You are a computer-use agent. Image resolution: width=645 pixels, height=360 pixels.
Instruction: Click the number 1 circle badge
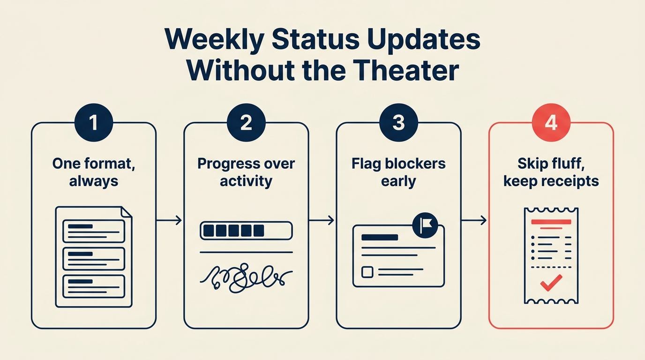point(94,123)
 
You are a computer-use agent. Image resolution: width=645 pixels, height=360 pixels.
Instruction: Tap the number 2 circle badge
point(246,123)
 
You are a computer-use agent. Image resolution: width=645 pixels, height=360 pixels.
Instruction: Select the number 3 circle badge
point(398,123)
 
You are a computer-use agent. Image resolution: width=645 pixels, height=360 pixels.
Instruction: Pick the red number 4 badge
point(551,123)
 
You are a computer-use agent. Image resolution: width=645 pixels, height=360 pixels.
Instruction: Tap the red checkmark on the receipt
point(551,283)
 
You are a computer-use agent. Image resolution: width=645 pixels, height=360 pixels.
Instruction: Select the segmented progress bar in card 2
point(246,231)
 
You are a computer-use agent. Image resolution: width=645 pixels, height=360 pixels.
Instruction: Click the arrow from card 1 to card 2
point(169,220)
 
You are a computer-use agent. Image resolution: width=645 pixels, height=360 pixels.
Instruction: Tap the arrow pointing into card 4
point(474,220)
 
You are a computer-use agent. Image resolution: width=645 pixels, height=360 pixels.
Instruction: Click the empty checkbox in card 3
point(367,271)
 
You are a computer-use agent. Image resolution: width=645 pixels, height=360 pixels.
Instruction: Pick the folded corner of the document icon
point(127,213)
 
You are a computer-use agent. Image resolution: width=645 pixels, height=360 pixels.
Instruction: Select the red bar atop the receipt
point(551,221)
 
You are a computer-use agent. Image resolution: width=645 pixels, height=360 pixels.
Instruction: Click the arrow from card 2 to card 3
point(322,220)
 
